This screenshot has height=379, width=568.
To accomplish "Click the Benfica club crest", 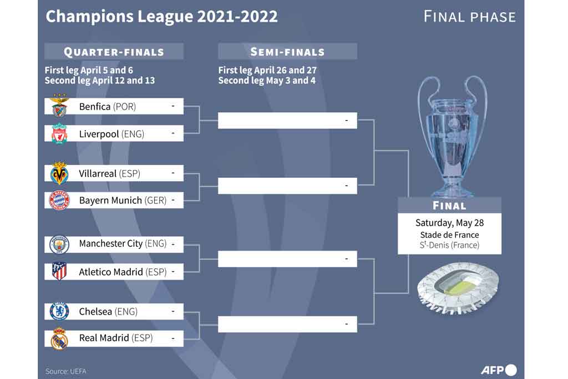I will (x=59, y=106).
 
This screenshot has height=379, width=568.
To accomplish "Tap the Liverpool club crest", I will (x=59, y=134).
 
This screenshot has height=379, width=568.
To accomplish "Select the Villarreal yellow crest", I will (x=59, y=173).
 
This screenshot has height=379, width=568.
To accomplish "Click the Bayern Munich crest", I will (x=59, y=200).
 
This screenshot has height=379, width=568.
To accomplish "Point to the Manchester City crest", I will (x=59, y=244).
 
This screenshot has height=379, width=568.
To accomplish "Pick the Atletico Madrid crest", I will (x=59, y=271).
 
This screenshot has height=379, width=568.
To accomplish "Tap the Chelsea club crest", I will (x=59, y=311).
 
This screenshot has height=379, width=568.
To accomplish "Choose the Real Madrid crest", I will (x=59, y=338).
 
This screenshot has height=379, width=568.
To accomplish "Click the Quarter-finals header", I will (x=114, y=52).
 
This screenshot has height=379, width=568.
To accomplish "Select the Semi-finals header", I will (x=287, y=52).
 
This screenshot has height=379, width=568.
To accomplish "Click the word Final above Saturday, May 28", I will (x=449, y=206).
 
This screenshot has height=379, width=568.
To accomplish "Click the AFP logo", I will (x=498, y=370).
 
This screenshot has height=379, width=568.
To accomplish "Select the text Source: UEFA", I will (x=66, y=371).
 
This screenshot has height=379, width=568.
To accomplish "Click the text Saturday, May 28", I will (x=449, y=223).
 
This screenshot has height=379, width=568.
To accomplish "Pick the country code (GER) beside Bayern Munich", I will (x=155, y=201).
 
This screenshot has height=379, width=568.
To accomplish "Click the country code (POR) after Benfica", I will (x=124, y=106).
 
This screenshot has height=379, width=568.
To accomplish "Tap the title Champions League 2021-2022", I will (x=161, y=17).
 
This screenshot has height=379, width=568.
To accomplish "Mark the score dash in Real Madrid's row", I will (x=173, y=337).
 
